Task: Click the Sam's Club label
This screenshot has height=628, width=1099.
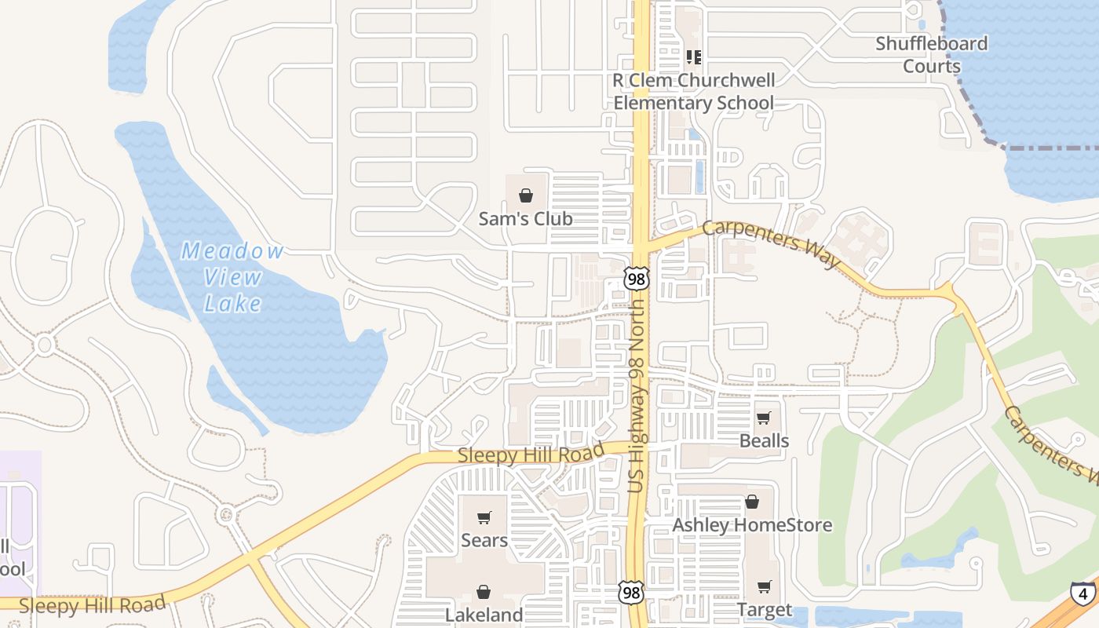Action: click(x=525, y=219)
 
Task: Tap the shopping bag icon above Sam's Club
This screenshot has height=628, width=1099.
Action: click(x=526, y=195)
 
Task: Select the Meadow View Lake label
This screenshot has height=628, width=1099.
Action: click(x=232, y=277)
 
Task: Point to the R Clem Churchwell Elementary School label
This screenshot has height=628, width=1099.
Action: click(x=694, y=92)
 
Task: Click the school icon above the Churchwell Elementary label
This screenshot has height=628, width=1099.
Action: click(x=693, y=57)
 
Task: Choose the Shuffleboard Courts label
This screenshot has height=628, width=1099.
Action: click(x=932, y=54)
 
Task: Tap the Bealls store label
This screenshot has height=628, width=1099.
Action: click(x=764, y=440)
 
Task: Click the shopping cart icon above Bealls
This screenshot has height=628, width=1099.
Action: click(x=764, y=417)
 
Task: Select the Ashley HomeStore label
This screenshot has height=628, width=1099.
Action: click(x=752, y=525)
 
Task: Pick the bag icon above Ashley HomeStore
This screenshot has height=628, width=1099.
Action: click(x=752, y=502)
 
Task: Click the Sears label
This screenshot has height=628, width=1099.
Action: click(x=484, y=540)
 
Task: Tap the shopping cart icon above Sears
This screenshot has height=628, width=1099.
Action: click(x=484, y=517)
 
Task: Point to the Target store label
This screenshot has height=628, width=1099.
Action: click(x=765, y=610)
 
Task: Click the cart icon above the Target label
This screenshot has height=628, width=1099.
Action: click(x=765, y=586)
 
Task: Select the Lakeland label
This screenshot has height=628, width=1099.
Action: click(x=484, y=614)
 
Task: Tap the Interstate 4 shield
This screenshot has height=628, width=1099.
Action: click(x=1083, y=593)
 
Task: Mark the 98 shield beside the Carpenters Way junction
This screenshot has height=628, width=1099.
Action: click(x=637, y=278)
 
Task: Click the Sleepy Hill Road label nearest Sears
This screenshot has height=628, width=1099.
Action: click(x=531, y=454)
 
